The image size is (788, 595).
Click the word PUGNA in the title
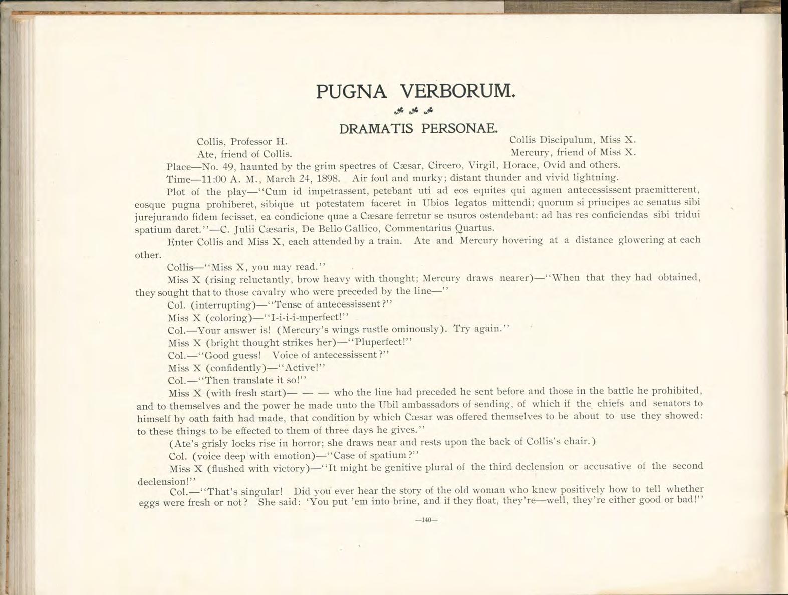[x=351, y=92]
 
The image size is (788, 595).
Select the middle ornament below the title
[x=413, y=111]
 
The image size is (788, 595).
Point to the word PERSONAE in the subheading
[x=459, y=128]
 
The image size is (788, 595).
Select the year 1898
[x=329, y=178]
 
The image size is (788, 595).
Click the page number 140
[x=426, y=520]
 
